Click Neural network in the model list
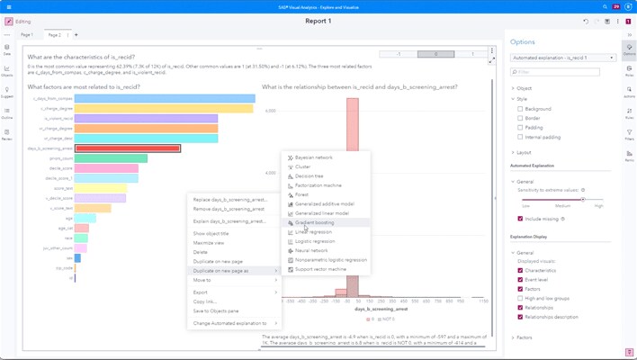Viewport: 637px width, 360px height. pos(311,250)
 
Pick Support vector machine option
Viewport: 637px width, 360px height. pos(320,269)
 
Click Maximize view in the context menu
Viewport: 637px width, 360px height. pos(209,243)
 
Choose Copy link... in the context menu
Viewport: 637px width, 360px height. pos(205,301)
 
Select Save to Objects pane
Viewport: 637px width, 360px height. pos(220,310)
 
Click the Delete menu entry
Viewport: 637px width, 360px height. pos(201,252)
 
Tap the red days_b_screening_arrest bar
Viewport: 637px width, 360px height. pos(128,148)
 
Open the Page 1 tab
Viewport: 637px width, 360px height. pos(27,35)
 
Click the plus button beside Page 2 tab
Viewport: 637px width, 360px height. pos(76,35)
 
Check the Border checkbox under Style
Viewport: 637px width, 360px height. pos(520,118)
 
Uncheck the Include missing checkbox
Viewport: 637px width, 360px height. pos(520,219)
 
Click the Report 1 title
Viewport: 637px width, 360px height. pos(318,21)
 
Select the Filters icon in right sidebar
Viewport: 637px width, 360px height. pos(629,135)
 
